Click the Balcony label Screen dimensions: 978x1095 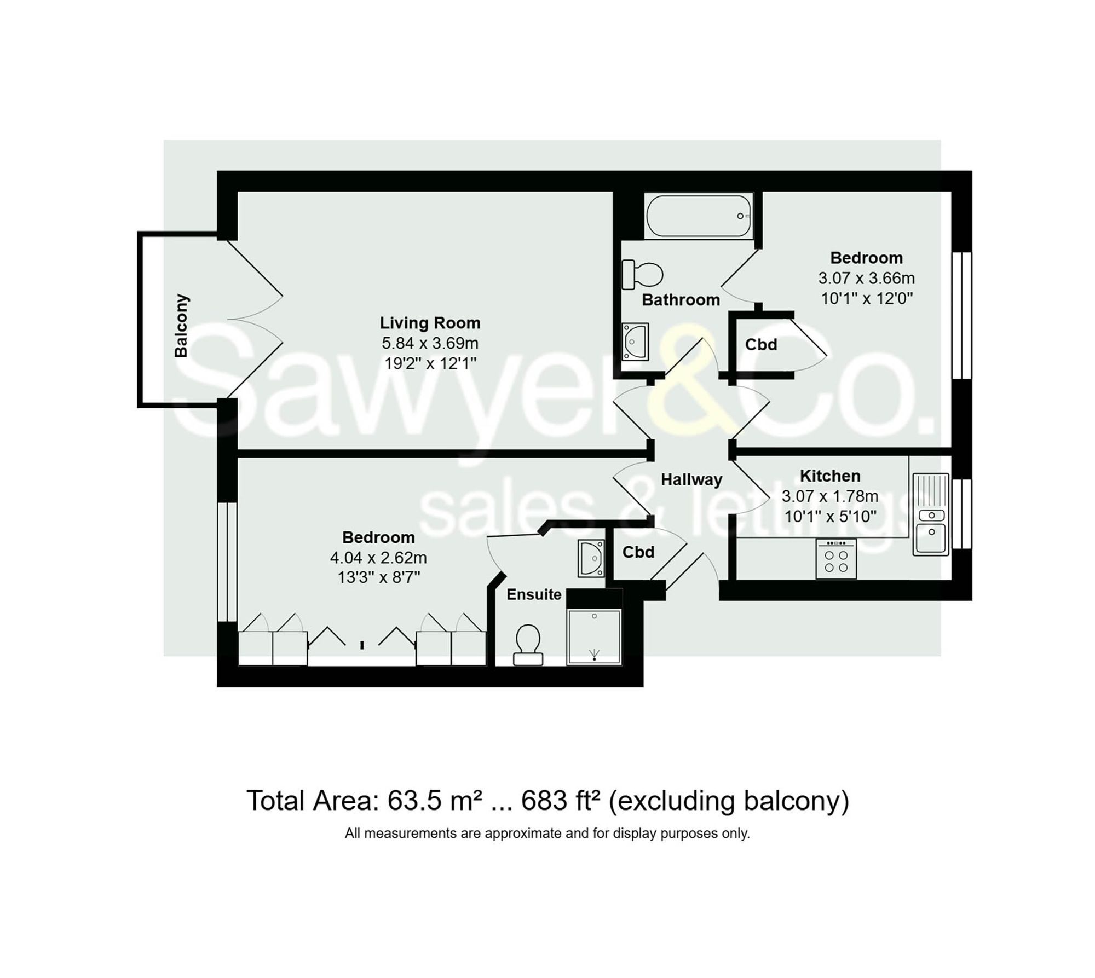pyautogui.click(x=181, y=326)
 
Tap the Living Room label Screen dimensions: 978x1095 pyautogui.click(x=430, y=323)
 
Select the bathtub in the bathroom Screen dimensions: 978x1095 pyautogui.click(x=699, y=216)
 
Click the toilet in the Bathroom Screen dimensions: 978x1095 pyautogui.click(x=642, y=274)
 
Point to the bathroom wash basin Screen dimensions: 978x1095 pyautogui.click(x=635, y=342)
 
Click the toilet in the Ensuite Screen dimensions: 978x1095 pyautogui.click(x=528, y=645)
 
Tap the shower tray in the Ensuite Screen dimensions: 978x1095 pyautogui.click(x=594, y=637)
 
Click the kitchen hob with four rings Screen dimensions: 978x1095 pyautogui.click(x=835, y=559)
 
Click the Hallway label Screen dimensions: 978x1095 pyautogui.click(x=691, y=480)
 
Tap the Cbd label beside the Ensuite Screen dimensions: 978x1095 pyautogui.click(x=638, y=552)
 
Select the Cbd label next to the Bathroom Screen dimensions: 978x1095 pyautogui.click(x=761, y=345)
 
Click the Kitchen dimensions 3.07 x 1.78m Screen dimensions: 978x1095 pyautogui.click(x=830, y=496)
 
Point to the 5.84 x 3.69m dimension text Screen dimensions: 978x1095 pyautogui.click(x=430, y=343)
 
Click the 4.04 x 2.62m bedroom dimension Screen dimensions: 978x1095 pyautogui.click(x=378, y=558)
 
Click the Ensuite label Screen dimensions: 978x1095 pyautogui.click(x=534, y=594)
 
